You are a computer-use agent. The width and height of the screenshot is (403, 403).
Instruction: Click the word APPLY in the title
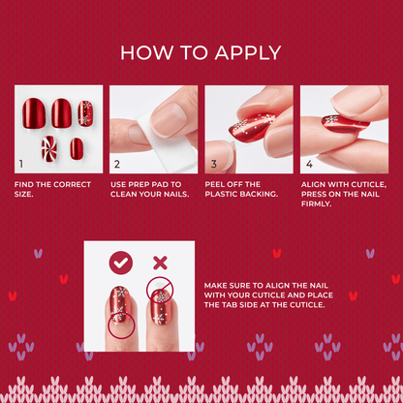(248, 53)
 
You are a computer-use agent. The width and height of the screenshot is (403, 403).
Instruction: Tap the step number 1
(21, 164)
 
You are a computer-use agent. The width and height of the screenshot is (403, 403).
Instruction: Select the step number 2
(117, 164)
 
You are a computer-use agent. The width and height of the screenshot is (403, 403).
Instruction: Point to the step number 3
(213, 164)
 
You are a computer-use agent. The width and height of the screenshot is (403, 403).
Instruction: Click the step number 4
(309, 164)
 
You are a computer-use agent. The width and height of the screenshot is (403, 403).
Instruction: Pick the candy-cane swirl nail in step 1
(48, 148)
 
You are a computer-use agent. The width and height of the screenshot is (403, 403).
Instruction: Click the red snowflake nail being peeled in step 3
(251, 127)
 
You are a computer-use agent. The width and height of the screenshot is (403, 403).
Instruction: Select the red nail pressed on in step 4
(345, 124)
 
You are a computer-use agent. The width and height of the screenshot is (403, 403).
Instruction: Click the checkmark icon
(121, 263)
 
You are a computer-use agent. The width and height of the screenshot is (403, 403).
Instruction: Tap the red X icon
(160, 263)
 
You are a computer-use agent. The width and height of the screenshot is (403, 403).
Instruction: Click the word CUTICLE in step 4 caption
(369, 184)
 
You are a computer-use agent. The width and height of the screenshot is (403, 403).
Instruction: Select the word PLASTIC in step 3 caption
(221, 194)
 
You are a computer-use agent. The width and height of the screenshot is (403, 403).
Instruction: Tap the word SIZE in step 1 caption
(23, 194)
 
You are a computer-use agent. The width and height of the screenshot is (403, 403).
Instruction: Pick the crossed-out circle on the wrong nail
(160, 290)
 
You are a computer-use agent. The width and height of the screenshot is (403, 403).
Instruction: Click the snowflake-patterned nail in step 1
(85, 113)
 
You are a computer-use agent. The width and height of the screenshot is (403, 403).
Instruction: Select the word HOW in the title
(146, 53)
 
